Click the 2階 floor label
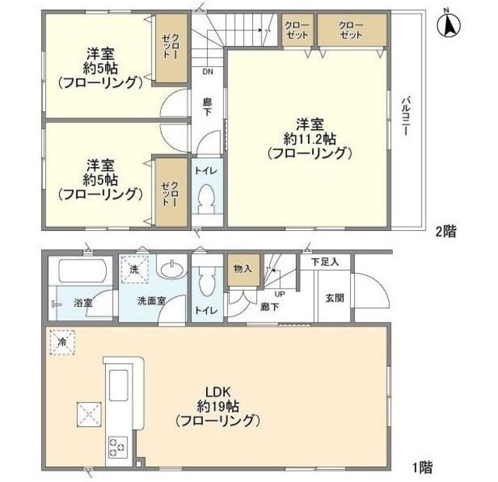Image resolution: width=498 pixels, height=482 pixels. point(445,231)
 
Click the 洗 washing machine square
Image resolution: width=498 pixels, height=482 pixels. point(133,269)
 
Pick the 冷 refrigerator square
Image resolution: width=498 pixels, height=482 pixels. point(61,342)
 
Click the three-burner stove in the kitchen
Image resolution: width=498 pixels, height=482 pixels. point(118,446)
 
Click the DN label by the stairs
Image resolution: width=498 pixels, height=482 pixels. point(208,72)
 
